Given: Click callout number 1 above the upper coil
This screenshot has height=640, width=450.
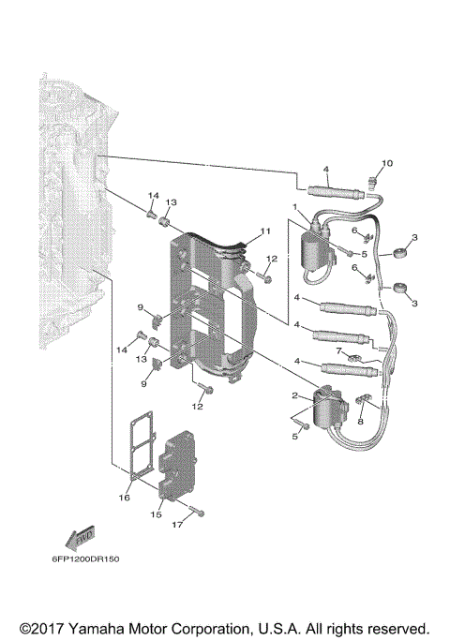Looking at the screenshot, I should tap(293, 207).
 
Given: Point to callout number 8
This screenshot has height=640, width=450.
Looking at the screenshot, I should tap(359, 423).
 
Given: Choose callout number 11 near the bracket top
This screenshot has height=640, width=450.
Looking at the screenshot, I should tap(265, 231).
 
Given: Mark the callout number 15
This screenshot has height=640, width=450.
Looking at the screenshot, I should tap(157, 514).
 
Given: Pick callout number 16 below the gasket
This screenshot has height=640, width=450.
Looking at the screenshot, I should tap(125, 498).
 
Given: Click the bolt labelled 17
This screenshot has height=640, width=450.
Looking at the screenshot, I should tap(193, 513).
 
